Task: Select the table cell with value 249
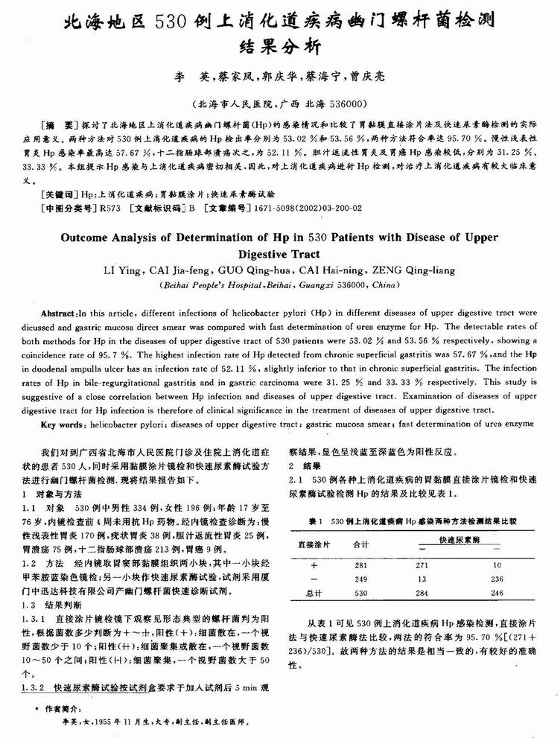361,579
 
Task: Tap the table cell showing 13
421,579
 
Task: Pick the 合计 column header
361,544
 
